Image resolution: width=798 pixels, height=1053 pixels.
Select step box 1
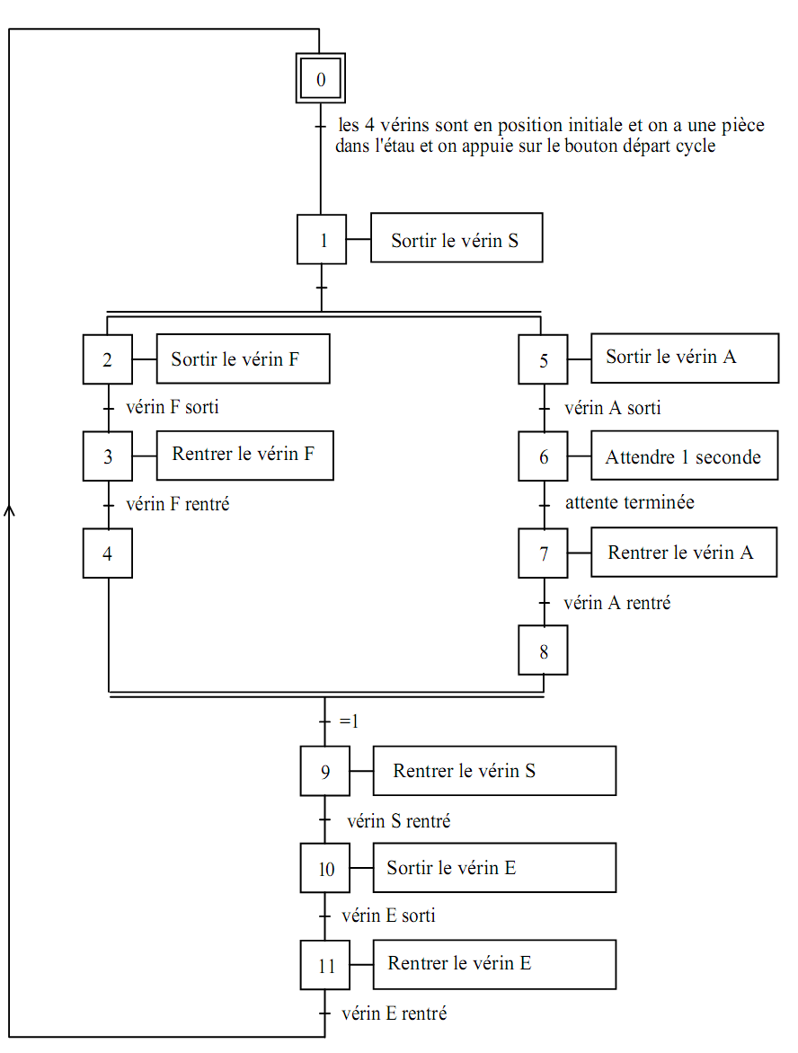[x=322, y=239]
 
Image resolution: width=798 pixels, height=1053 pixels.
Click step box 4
[x=108, y=553]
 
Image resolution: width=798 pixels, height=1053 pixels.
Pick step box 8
[x=544, y=650]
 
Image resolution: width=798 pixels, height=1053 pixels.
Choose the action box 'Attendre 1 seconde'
[x=683, y=456]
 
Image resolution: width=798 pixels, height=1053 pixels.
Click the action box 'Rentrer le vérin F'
[x=244, y=454]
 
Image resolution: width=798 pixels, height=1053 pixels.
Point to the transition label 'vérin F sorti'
[x=173, y=407]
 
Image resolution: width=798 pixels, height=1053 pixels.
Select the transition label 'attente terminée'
[x=629, y=502]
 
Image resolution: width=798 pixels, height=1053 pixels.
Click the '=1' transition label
[x=349, y=721]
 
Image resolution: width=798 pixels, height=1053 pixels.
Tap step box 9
[x=325, y=771]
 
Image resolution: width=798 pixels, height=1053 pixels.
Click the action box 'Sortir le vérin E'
[x=494, y=868]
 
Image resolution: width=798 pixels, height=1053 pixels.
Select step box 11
[x=325, y=966]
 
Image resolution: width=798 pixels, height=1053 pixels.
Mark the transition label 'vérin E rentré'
[x=395, y=1013]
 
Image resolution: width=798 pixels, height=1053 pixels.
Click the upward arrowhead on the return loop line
[x=10, y=509]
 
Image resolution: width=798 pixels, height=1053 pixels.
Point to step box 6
[x=544, y=456]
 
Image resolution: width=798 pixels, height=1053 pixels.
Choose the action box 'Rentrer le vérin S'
[x=494, y=771]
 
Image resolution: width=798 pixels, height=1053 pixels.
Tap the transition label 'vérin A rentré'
[x=617, y=603]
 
